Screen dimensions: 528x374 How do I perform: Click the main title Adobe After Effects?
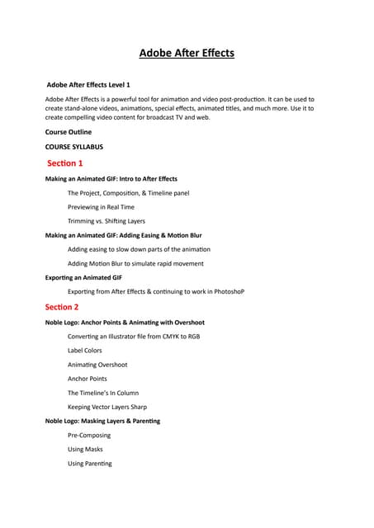click(187, 54)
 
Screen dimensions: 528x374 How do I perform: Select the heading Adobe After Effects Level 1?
click(88, 84)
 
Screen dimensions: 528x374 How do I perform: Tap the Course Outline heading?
click(69, 132)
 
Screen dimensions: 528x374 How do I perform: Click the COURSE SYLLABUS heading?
click(74, 148)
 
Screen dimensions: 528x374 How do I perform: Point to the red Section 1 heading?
click(65, 163)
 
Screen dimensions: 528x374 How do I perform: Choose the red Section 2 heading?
click(65, 307)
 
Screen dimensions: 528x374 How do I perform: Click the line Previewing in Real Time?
click(101, 207)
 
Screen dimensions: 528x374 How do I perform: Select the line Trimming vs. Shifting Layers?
click(107, 221)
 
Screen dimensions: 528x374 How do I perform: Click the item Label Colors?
click(85, 351)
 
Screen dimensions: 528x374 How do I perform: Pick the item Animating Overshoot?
click(97, 365)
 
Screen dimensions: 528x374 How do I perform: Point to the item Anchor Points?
click(88, 379)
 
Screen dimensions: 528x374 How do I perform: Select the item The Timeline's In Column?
click(103, 393)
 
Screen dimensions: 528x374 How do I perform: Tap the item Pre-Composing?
click(89, 435)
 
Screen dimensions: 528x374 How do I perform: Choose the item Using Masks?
click(85, 450)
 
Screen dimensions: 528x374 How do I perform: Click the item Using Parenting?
click(90, 464)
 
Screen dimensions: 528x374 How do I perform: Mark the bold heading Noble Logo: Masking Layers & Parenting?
click(102, 421)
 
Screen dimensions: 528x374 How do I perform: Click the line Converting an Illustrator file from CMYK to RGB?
click(134, 337)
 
